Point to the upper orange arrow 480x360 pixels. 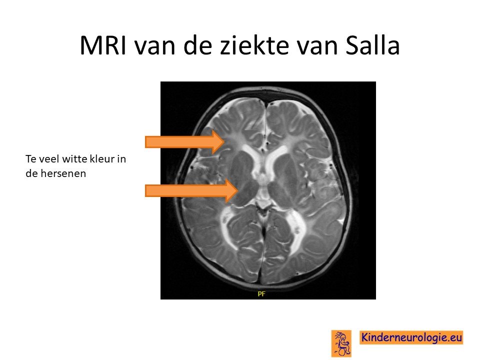(x=185, y=141)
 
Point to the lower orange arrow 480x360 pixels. (x=191, y=190)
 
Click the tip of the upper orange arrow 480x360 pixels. (x=224, y=141)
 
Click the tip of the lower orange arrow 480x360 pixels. (x=238, y=190)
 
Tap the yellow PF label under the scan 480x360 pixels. (x=261, y=294)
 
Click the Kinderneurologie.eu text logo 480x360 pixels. (x=411, y=337)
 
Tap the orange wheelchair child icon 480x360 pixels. (x=341, y=343)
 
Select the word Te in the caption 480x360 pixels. (x=30, y=159)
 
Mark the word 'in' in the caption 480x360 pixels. (x=122, y=159)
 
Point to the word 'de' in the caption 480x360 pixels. (x=32, y=173)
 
